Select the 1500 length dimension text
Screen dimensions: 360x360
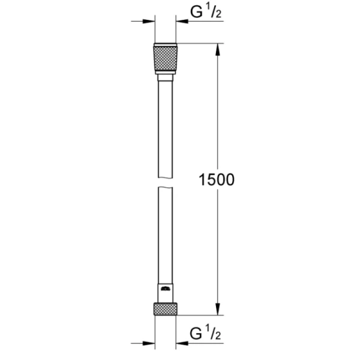click(x=217, y=179)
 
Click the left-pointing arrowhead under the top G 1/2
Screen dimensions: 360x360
click(x=182, y=22)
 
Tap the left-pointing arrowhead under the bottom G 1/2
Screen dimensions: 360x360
click(x=182, y=343)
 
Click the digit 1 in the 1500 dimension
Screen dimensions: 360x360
click(x=203, y=179)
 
